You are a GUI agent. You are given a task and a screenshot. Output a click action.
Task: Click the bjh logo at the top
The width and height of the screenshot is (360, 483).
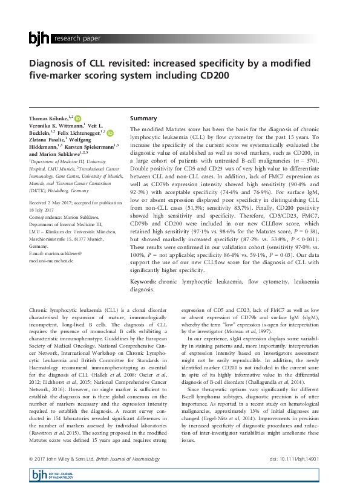point(39,39)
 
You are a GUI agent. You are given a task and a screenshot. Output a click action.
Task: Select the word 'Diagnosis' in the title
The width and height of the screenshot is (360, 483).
point(55,65)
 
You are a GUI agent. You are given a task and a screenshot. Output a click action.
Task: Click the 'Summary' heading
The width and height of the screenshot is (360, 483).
point(143,118)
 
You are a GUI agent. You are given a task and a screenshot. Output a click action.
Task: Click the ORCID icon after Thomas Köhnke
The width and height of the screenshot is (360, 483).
point(79,117)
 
